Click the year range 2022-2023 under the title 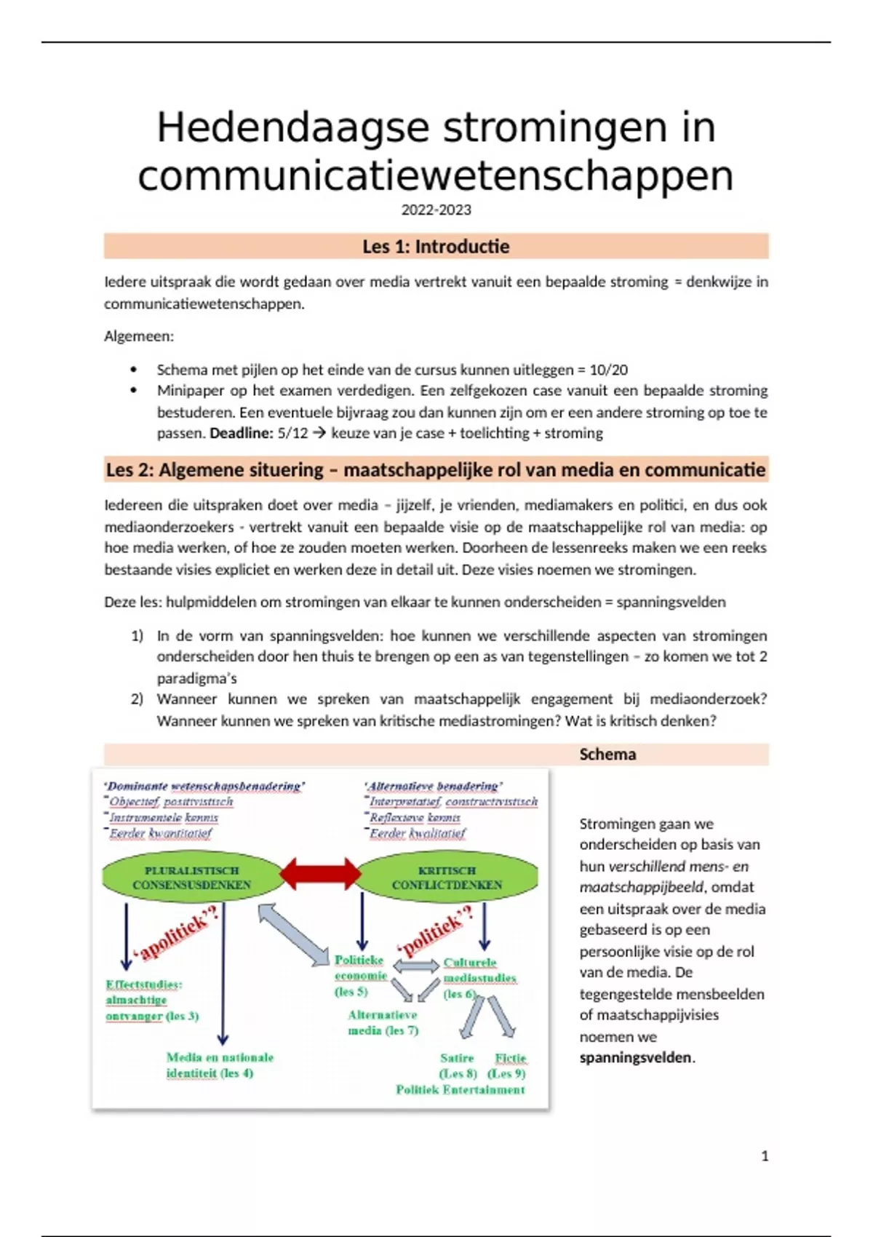point(436,210)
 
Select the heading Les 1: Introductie point(436,247)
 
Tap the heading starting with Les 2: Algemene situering point(436,470)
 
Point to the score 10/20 point(608,370)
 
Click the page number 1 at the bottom point(765,1156)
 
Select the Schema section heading point(607,755)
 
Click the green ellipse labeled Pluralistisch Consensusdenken point(191,878)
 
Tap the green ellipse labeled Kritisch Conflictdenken point(447,878)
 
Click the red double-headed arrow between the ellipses point(320,873)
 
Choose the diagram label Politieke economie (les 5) point(359,976)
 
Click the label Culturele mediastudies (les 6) point(479,978)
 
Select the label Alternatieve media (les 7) point(383,1023)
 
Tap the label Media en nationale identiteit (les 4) point(219,1065)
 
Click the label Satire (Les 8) point(458,1066)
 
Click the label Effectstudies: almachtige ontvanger point(151,1001)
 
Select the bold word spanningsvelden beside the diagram point(635,1058)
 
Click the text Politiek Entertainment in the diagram point(460,1090)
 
